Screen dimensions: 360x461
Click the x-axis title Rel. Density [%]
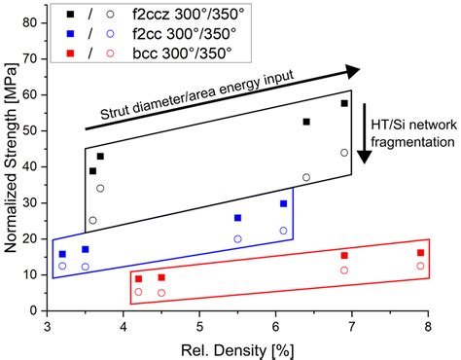pos(237,348)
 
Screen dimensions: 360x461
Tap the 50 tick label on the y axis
pos(34,130)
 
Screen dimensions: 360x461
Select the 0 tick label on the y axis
pos(37,310)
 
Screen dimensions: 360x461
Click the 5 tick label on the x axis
pos(199,327)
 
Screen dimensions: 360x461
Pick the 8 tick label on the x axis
pos(428,327)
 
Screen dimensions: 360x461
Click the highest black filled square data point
pos(344,103)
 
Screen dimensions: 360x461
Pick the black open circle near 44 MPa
pos(344,153)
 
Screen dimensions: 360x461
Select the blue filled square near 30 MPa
pos(284,203)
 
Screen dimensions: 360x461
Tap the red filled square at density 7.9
pos(420,253)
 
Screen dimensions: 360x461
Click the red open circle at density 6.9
pos(344,270)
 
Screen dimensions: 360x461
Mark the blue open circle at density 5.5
pos(237,238)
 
